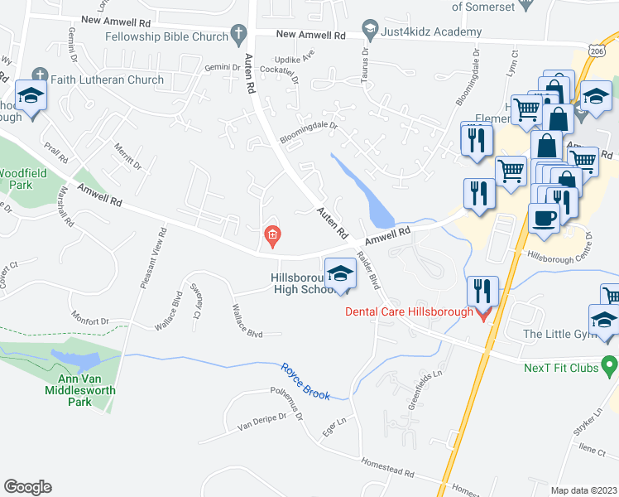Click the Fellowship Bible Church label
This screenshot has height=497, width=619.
166,36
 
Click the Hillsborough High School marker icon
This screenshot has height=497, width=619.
339,274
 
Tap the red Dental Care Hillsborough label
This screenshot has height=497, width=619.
409,311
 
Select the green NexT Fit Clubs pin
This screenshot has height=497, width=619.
610,364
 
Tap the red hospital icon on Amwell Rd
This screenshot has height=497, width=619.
271,238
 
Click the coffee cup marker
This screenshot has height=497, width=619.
544,218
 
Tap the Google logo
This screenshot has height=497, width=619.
27,487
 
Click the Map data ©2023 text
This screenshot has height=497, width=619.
583,490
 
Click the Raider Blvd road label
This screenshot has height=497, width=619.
368,269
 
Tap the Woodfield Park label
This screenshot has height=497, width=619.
17,179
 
